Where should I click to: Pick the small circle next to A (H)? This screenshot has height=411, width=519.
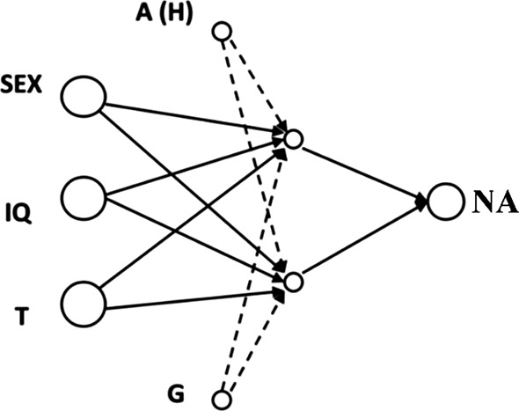[x=223, y=33]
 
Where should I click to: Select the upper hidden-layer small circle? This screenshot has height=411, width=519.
[x=294, y=139]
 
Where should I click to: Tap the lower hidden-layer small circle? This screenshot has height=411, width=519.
[x=294, y=281]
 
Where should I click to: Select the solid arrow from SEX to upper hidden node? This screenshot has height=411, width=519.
[x=194, y=120]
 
